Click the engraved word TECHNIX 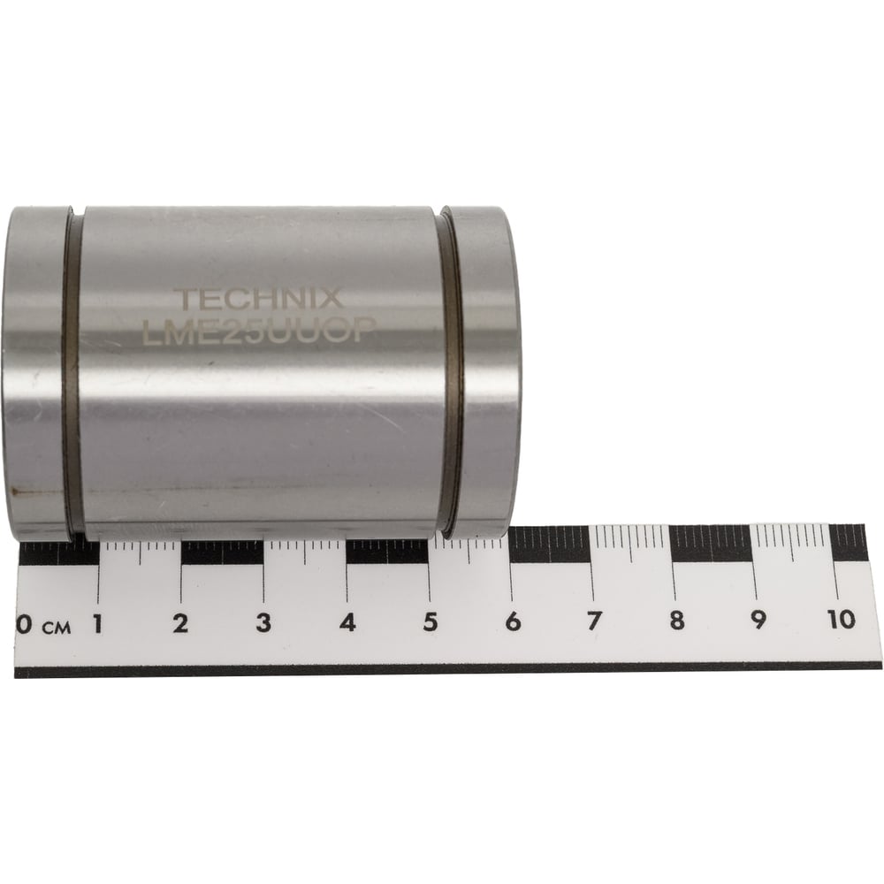(258, 298)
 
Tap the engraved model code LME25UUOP (259, 331)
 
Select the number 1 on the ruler (98, 623)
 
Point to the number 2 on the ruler (180, 623)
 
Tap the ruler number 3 (263, 622)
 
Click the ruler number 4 (347, 622)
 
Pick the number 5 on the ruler (431, 621)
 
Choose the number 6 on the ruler (513, 621)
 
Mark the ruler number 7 (595, 621)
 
